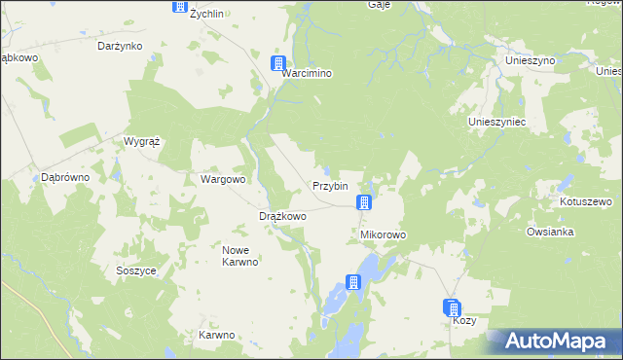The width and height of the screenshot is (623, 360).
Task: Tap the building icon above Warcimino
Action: (277, 63)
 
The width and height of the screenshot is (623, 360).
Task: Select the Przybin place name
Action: (330, 186)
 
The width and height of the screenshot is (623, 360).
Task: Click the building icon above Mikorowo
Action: (363, 202)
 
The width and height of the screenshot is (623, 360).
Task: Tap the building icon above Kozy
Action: (453, 307)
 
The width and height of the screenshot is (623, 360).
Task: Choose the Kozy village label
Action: (464, 321)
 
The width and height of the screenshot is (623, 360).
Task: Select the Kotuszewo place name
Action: (584, 202)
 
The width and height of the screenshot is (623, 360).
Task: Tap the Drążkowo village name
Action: (282, 216)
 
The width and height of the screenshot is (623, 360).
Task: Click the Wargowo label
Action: (223, 180)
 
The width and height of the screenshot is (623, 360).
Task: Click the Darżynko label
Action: (121, 46)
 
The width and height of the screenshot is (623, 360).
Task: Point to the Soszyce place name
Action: (135, 270)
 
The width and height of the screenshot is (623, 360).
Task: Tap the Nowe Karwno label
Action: (238, 256)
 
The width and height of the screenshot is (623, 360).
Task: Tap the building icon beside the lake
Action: (353, 283)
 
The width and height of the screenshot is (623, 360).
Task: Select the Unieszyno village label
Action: (530, 60)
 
